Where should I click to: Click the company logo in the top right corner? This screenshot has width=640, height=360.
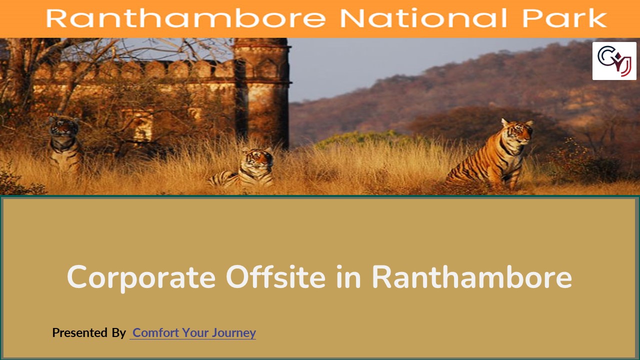click(614, 61)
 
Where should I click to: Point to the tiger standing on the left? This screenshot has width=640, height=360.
click(65, 145)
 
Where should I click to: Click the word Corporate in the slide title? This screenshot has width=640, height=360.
click(141, 277)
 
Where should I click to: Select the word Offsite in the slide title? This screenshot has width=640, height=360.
click(275, 277)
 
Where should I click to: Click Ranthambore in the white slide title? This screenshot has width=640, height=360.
click(471, 277)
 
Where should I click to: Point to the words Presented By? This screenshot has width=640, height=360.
click(89, 333)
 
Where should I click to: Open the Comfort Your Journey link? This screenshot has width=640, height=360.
click(193, 333)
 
